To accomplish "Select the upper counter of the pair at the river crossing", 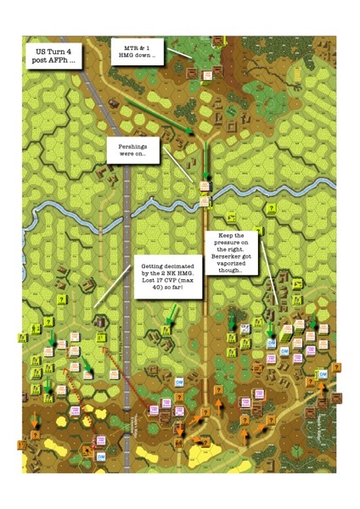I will point(205,186).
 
